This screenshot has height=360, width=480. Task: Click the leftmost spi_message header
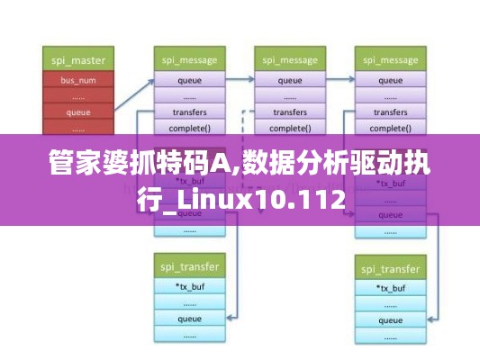pyautogui.click(x=189, y=61)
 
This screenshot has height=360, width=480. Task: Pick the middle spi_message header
pyautogui.click(x=289, y=61)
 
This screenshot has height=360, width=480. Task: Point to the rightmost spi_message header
pyautogui.click(x=389, y=61)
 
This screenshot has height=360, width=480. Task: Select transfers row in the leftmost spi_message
pyautogui.click(x=189, y=112)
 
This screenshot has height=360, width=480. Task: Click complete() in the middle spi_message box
pyautogui.click(x=289, y=128)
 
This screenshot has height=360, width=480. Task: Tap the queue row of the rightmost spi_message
pyautogui.click(x=389, y=80)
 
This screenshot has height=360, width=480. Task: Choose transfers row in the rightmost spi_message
pyautogui.click(x=389, y=112)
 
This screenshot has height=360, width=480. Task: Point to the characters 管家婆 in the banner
pyautogui.click(x=86, y=166)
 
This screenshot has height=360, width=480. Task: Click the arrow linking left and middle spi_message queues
pyautogui.click(x=239, y=80)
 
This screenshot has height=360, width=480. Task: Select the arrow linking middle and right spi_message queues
pyautogui.click(x=339, y=80)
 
